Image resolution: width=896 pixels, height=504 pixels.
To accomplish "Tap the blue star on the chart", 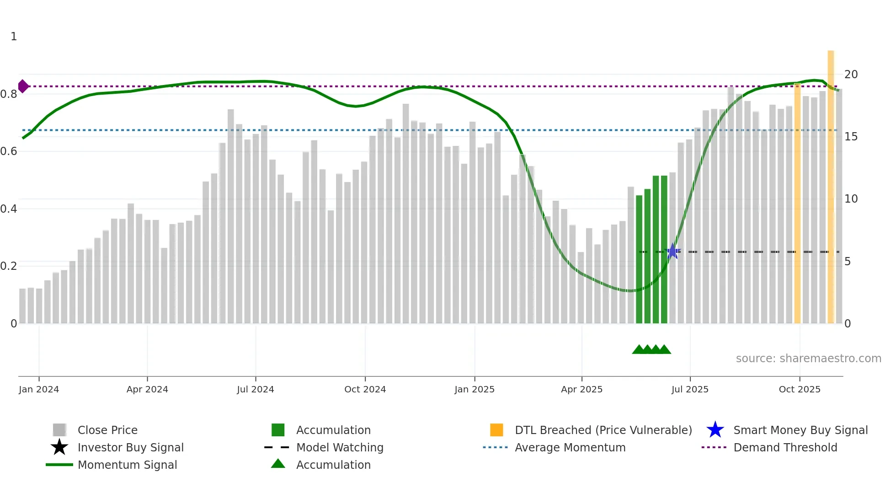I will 672,252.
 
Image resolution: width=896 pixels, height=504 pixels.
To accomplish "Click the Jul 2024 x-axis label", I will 255,389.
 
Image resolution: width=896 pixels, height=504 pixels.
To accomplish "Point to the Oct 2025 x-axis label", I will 799,389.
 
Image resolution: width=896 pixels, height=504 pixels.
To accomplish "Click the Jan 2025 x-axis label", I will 474,389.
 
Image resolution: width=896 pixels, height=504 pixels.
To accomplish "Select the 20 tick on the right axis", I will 851,74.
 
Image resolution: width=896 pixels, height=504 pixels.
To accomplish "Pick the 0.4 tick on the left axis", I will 9,209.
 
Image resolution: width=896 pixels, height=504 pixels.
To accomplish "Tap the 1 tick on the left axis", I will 14,37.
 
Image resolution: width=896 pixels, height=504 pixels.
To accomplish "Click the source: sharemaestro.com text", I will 808,359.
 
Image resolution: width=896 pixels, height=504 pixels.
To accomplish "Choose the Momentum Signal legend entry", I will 127,465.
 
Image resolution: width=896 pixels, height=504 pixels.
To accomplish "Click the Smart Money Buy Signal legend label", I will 800,430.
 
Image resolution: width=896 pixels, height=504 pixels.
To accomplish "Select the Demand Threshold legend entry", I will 785,447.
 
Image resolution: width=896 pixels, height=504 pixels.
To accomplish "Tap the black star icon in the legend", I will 59,447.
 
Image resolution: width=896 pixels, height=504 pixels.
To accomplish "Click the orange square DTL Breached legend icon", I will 496,430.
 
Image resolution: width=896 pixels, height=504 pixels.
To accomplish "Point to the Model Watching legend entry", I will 339,447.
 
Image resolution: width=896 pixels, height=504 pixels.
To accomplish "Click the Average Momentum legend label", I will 570,447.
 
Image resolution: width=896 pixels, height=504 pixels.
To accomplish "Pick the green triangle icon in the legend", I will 278,464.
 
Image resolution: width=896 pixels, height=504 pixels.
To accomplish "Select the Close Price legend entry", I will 107,430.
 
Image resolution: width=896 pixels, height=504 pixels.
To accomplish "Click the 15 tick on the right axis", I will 851,137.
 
